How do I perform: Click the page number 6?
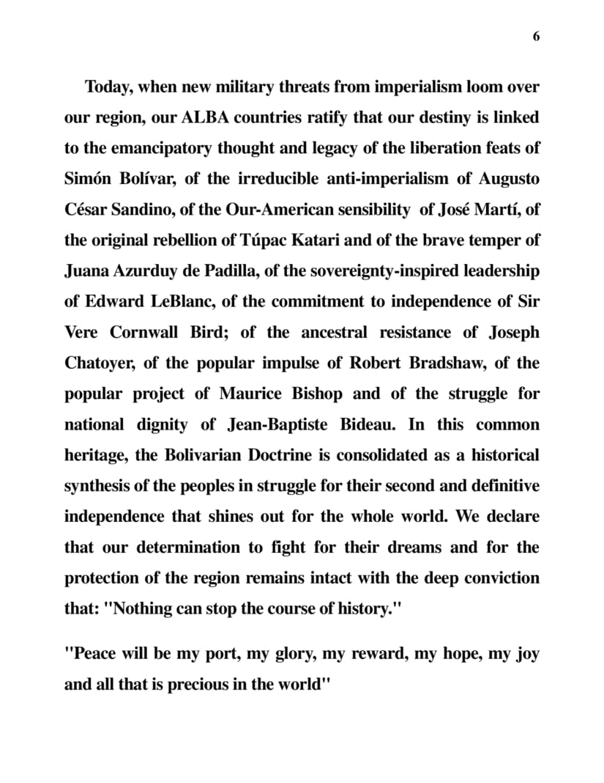click(x=536, y=37)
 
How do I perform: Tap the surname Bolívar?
click(x=123, y=180)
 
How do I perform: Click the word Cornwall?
click(x=143, y=333)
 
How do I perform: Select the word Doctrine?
click(x=293, y=455)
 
